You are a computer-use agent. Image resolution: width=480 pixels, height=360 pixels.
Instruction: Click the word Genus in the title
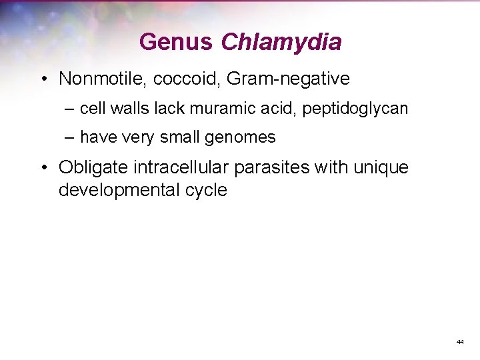pos(176,42)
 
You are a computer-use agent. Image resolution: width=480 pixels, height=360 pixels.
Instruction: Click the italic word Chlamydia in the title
pos(281,42)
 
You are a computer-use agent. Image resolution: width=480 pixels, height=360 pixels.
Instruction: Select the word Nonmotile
pos(103,79)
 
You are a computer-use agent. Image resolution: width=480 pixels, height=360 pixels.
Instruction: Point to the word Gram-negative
pos(288,79)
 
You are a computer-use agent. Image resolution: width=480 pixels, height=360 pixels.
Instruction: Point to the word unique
pos(381,167)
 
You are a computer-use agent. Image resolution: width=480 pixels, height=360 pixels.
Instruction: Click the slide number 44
pos(460,341)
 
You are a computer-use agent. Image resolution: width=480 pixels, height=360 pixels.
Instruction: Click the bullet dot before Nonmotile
pos(42,79)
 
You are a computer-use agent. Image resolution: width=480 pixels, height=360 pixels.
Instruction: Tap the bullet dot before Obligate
pos(42,167)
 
